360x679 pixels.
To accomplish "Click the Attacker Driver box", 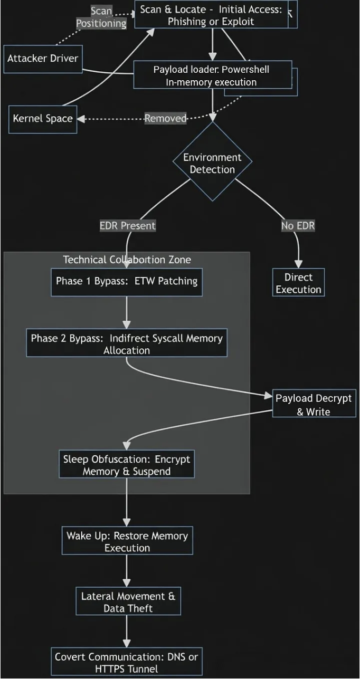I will [x=43, y=59].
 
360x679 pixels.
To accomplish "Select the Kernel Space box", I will [x=43, y=119].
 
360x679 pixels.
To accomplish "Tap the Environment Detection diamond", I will [x=213, y=163].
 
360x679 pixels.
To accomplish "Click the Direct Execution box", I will [x=298, y=283].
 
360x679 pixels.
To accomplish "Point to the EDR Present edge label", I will [x=128, y=226].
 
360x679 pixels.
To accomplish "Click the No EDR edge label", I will [x=298, y=226].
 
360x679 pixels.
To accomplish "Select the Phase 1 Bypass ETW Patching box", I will [x=127, y=281].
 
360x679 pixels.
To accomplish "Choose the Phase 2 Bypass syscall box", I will [x=127, y=344].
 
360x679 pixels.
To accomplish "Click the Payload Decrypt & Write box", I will [x=314, y=405].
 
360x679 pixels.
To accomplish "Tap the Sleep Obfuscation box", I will [x=127, y=465].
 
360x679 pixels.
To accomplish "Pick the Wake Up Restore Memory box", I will [x=127, y=541].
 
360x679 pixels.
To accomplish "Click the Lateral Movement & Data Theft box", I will [x=128, y=602].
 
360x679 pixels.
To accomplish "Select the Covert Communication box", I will [x=127, y=662].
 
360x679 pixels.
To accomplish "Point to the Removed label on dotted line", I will [x=166, y=119].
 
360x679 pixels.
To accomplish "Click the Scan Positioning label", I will [x=101, y=17].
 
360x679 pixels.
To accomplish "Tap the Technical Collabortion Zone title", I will [x=127, y=260].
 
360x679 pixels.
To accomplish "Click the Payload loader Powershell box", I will [x=212, y=75].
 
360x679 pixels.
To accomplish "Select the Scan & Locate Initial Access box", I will [x=211, y=15].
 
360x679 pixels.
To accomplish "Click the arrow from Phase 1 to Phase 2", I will [x=127, y=312].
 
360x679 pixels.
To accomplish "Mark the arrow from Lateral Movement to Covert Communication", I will [x=127, y=632].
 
